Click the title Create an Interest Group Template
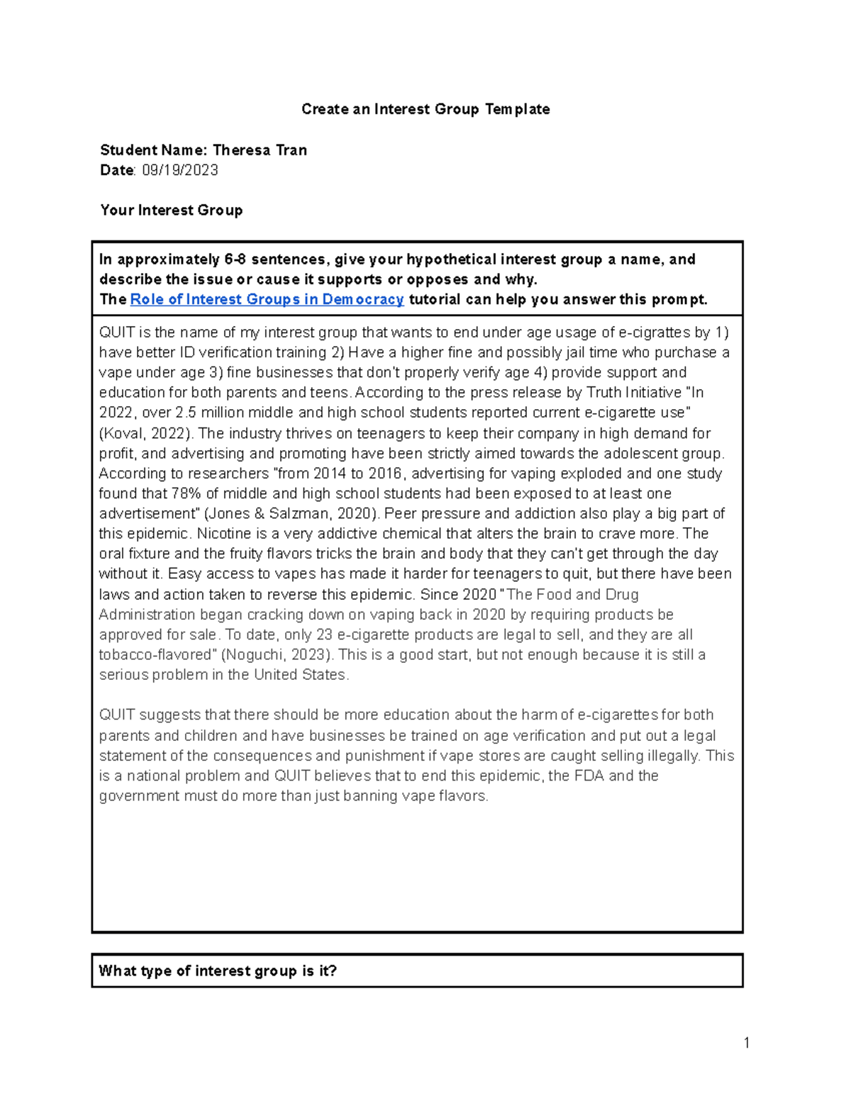coord(425,109)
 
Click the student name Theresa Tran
coord(260,150)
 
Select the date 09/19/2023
coord(180,170)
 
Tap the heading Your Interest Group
coord(172,211)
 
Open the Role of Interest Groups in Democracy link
coord(267,300)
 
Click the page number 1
coord(747,1042)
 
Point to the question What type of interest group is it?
coord(218,971)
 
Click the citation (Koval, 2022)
coord(145,433)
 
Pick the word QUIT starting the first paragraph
coord(114,332)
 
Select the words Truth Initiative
coord(635,393)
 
